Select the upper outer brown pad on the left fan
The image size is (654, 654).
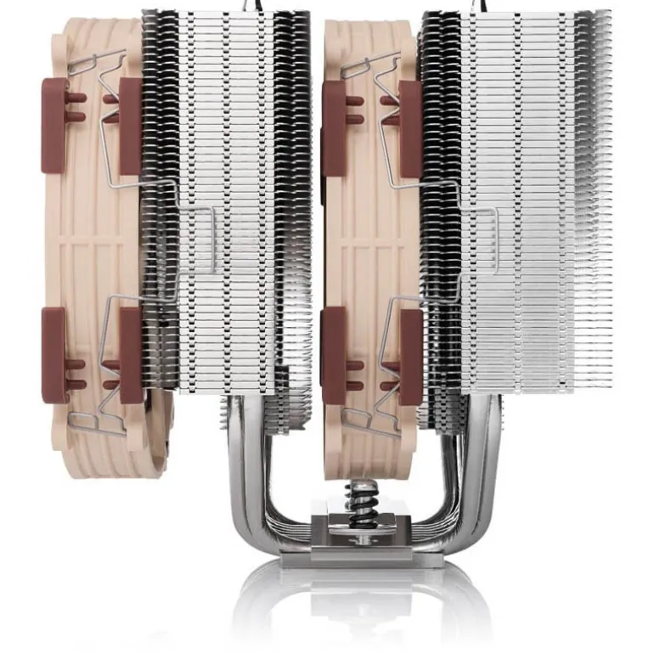pyautogui.click(x=54, y=125)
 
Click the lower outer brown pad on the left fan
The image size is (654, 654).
pyautogui.click(x=54, y=354)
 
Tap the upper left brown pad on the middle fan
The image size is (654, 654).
pyautogui.click(x=333, y=127)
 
